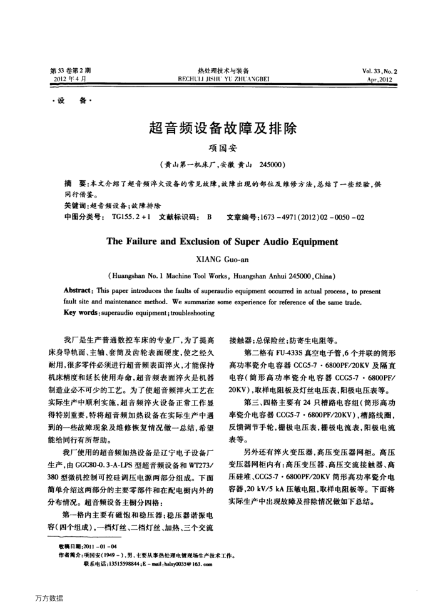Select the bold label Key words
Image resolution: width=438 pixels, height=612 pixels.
81,312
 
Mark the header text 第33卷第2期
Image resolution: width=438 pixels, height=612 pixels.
71,72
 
